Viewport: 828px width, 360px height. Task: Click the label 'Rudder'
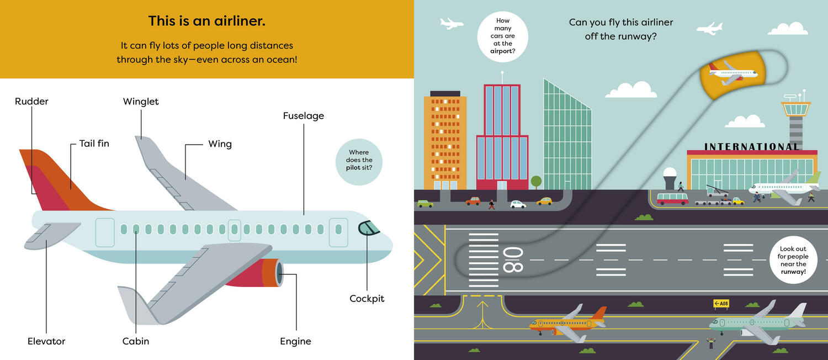pos(31,102)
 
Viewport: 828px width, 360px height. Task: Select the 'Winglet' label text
pos(141,102)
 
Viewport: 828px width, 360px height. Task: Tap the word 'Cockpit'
pos(367,299)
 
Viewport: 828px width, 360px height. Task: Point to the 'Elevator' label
pos(46,341)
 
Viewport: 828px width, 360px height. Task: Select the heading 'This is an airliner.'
pos(207,22)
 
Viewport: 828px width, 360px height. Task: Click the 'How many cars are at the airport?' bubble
pos(502,36)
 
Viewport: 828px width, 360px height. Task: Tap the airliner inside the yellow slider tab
pos(733,72)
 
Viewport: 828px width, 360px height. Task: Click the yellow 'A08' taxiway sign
pos(721,303)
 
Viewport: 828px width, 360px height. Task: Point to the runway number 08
pos(512,260)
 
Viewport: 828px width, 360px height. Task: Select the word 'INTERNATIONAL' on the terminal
pos(751,147)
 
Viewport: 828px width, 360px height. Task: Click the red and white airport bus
pos(672,198)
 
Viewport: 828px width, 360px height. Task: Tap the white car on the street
pos(518,204)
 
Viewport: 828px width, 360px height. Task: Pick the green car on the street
pos(425,203)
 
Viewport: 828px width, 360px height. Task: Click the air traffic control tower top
pos(795,108)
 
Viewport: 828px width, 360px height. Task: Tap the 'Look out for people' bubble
pos(792,261)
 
